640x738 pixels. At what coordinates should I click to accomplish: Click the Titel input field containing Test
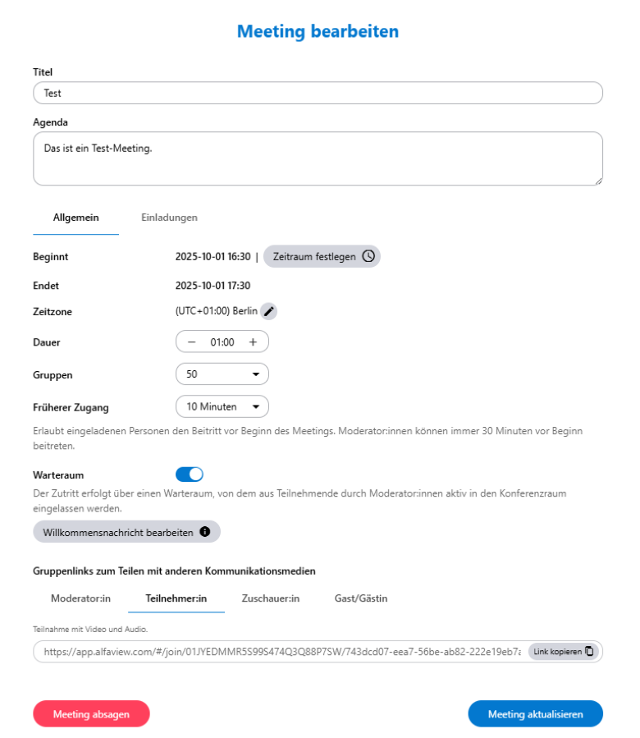[318, 93]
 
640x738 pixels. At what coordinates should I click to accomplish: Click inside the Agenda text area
[318, 158]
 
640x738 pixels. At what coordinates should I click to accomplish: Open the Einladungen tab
[169, 218]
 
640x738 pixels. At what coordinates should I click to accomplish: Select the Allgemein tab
[76, 218]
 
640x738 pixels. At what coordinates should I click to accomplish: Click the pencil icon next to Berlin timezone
[269, 312]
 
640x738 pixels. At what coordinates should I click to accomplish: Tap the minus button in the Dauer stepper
[192, 341]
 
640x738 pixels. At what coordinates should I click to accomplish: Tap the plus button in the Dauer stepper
[253, 341]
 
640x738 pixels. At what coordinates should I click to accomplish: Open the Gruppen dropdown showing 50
[222, 374]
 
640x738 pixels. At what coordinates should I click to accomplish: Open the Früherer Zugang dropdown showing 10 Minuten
[222, 406]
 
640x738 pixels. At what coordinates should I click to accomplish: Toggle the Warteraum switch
[190, 474]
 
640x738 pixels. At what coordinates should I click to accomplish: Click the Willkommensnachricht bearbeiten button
[126, 532]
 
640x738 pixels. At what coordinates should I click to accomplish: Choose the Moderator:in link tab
[80, 598]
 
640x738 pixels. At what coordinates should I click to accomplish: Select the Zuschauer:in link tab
[271, 598]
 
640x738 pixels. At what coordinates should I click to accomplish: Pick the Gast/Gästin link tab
[361, 598]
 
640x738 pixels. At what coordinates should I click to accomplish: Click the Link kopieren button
[564, 652]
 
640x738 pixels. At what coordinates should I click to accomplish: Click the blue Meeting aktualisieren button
[535, 714]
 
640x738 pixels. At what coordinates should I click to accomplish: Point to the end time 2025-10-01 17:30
[213, 286]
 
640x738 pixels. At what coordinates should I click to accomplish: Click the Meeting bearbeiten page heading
[318, 32]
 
